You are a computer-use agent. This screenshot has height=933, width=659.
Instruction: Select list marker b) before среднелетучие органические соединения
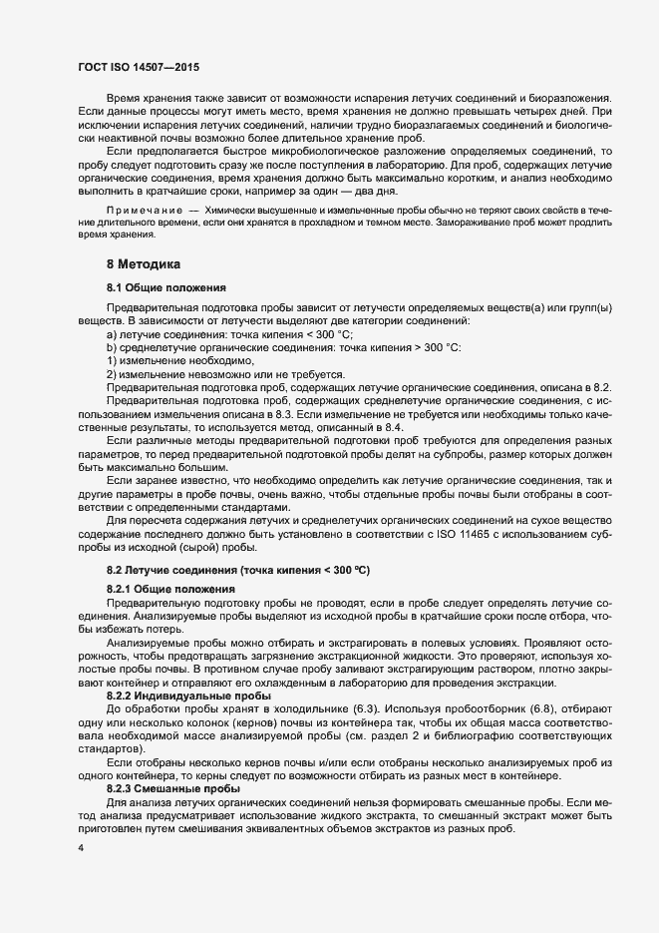112,346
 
